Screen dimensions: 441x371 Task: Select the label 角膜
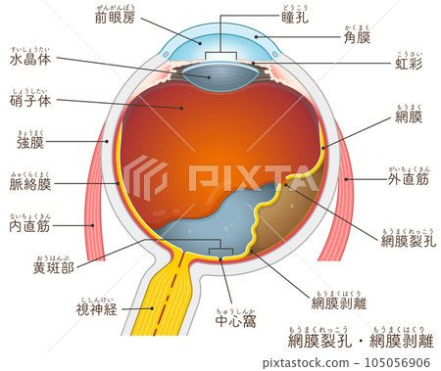[356, 38]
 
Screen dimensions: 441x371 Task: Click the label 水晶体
[30, 59]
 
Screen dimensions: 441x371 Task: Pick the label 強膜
[36, 143]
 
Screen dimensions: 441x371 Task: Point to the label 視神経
[96, 309]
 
